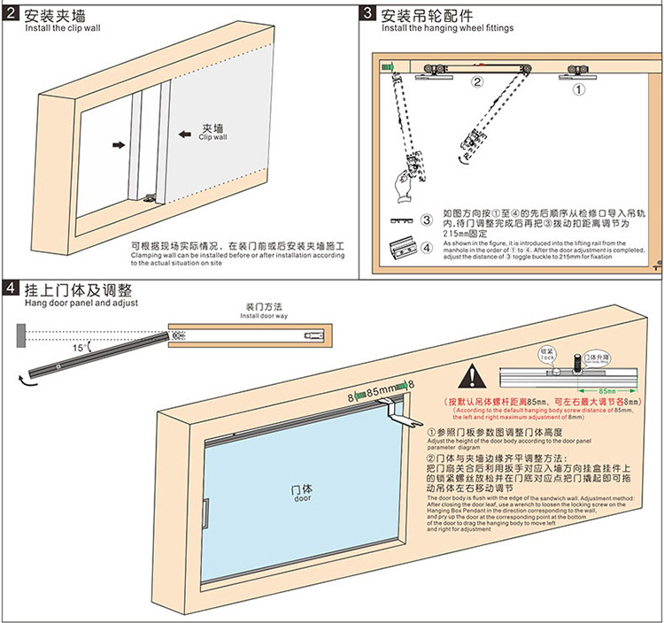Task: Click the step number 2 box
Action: (12, 14)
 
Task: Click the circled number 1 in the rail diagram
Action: (579, 88)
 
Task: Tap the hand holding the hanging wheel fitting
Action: (399, 188)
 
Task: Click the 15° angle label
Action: (81, 348)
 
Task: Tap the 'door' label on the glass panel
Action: (301, 492)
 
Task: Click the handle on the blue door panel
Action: (205, 516)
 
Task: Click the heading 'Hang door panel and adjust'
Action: (68, 303)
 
